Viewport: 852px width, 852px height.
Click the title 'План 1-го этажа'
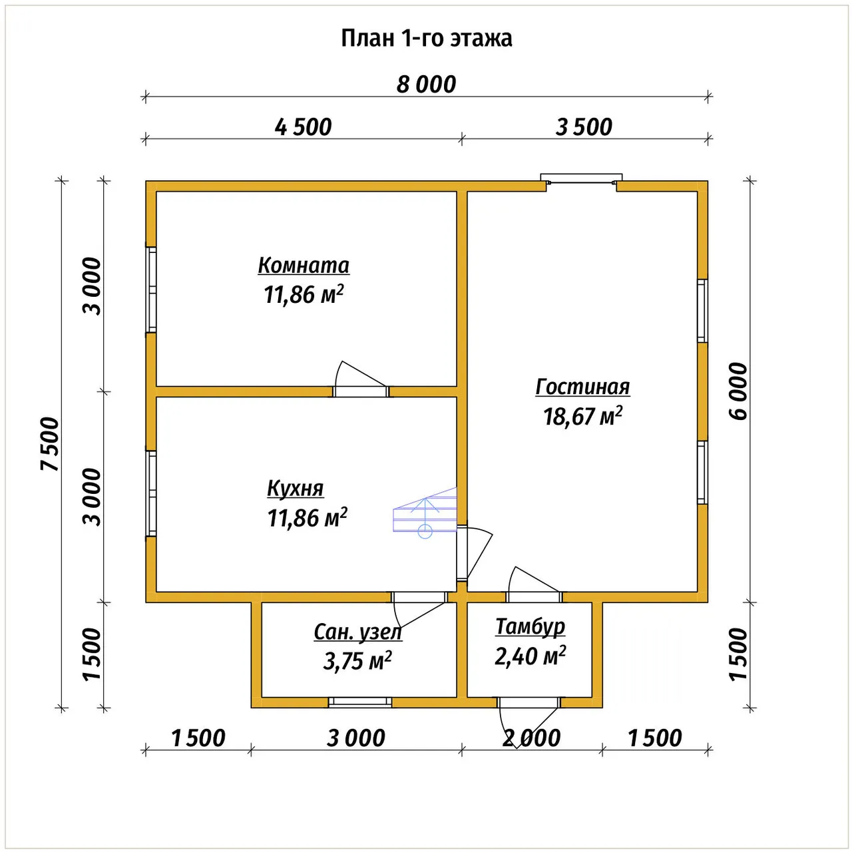(x=426, y=39)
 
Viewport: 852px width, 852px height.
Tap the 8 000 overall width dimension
(x=426, y=85)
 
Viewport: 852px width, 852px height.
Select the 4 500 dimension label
(x=303, y=127)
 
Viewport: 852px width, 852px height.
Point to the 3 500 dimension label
(x=584, y=127)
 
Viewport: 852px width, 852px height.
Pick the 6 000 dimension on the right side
(x=738, y=391)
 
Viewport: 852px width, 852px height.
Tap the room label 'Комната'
(x=304, y=266)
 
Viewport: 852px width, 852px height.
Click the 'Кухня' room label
(x=296, y=489)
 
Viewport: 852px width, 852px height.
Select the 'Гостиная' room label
(x=582, y=387)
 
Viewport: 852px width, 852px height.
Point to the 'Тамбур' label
(x=530, y=626)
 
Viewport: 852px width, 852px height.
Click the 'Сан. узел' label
(x=357, y=632)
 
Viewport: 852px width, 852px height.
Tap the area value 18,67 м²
(x=582, y=415)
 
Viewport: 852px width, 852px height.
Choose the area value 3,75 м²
(x=357, y=661)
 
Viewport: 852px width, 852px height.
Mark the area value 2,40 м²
(x=530, y=656)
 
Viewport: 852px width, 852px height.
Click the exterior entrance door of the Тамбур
(x=529, y=716)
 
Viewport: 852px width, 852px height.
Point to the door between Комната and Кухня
(x=361, y=380)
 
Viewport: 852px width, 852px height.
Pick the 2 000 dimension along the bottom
(x=531, y=738)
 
